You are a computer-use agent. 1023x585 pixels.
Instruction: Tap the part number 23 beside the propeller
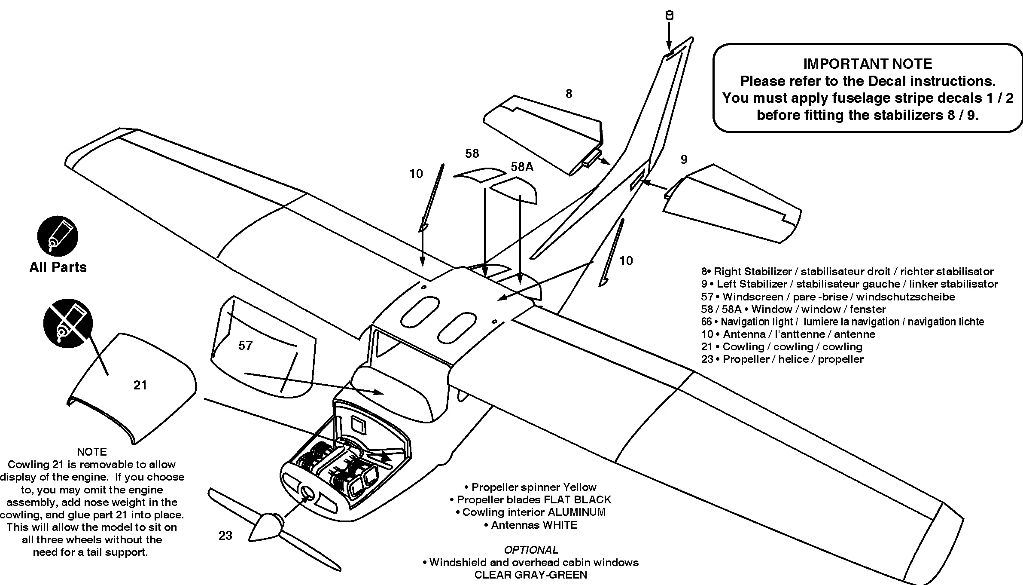225,536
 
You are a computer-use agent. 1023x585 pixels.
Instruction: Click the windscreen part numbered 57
262,348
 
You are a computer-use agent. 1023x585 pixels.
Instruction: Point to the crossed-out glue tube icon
67,323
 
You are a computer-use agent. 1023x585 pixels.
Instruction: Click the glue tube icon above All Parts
58,236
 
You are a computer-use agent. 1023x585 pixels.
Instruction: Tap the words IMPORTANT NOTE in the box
868,64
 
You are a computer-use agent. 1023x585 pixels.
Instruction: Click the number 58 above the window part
472,153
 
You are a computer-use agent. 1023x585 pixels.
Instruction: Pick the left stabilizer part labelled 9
730,206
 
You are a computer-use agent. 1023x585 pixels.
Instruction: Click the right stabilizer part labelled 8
545,129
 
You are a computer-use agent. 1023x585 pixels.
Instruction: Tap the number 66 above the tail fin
669,15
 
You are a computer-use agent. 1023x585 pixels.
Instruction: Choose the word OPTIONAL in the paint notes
531,550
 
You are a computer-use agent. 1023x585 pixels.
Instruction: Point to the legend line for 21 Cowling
782,347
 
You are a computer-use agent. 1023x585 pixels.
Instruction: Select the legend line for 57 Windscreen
828,297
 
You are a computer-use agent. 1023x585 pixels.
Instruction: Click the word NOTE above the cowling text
91,452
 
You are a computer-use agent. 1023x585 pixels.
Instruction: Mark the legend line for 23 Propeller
782,359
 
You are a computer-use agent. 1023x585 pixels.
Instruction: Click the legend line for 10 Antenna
788,334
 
